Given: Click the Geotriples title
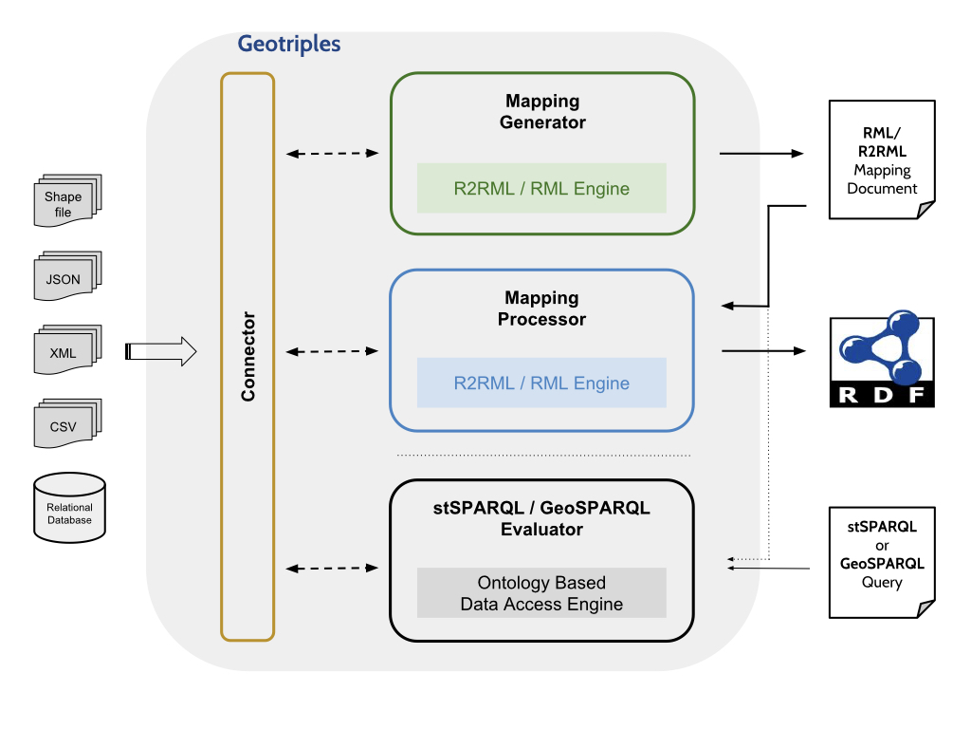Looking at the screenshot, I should tap(288, 44).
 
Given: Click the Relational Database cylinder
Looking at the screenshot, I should tap(69, 508).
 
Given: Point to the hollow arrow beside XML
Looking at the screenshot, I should tap(161, 352).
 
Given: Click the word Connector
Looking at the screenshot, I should tap(248, 356).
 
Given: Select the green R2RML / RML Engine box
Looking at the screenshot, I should tap(541, 188).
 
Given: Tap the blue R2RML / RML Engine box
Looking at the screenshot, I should tap(541, 383).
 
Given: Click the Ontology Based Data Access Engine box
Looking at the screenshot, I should tap(541, 592).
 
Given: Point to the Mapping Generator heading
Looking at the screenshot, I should tap(542, 112).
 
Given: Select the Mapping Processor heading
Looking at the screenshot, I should tap(542, 308).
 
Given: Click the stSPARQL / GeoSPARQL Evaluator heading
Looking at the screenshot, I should tap(542, 518).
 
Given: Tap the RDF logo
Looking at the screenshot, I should tap(882, 362).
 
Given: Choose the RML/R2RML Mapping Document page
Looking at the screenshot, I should tap(882, 159).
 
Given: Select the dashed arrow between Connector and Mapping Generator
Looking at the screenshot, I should tap(332, 153).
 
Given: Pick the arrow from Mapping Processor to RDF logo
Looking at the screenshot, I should tap(762, 351).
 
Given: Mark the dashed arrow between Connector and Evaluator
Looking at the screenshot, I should tap(332, 569).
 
